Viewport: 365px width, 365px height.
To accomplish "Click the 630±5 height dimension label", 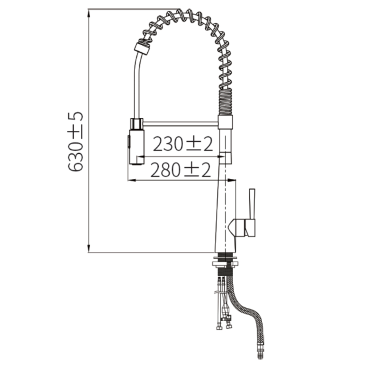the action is (75, 142).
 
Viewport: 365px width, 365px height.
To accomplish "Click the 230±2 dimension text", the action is (182, 144).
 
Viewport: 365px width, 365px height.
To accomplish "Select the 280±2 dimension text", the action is (181, 170).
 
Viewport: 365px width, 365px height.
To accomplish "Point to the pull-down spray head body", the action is (136, 147).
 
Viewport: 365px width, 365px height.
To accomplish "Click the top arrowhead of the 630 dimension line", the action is (89, 14).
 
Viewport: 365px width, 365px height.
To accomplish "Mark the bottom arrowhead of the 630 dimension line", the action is (89, 248).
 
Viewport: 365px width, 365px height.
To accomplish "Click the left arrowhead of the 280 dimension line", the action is (132, 180).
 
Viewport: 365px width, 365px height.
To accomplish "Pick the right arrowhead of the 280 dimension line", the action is (231, 180).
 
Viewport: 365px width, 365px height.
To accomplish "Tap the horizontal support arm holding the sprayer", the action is (181, 124).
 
